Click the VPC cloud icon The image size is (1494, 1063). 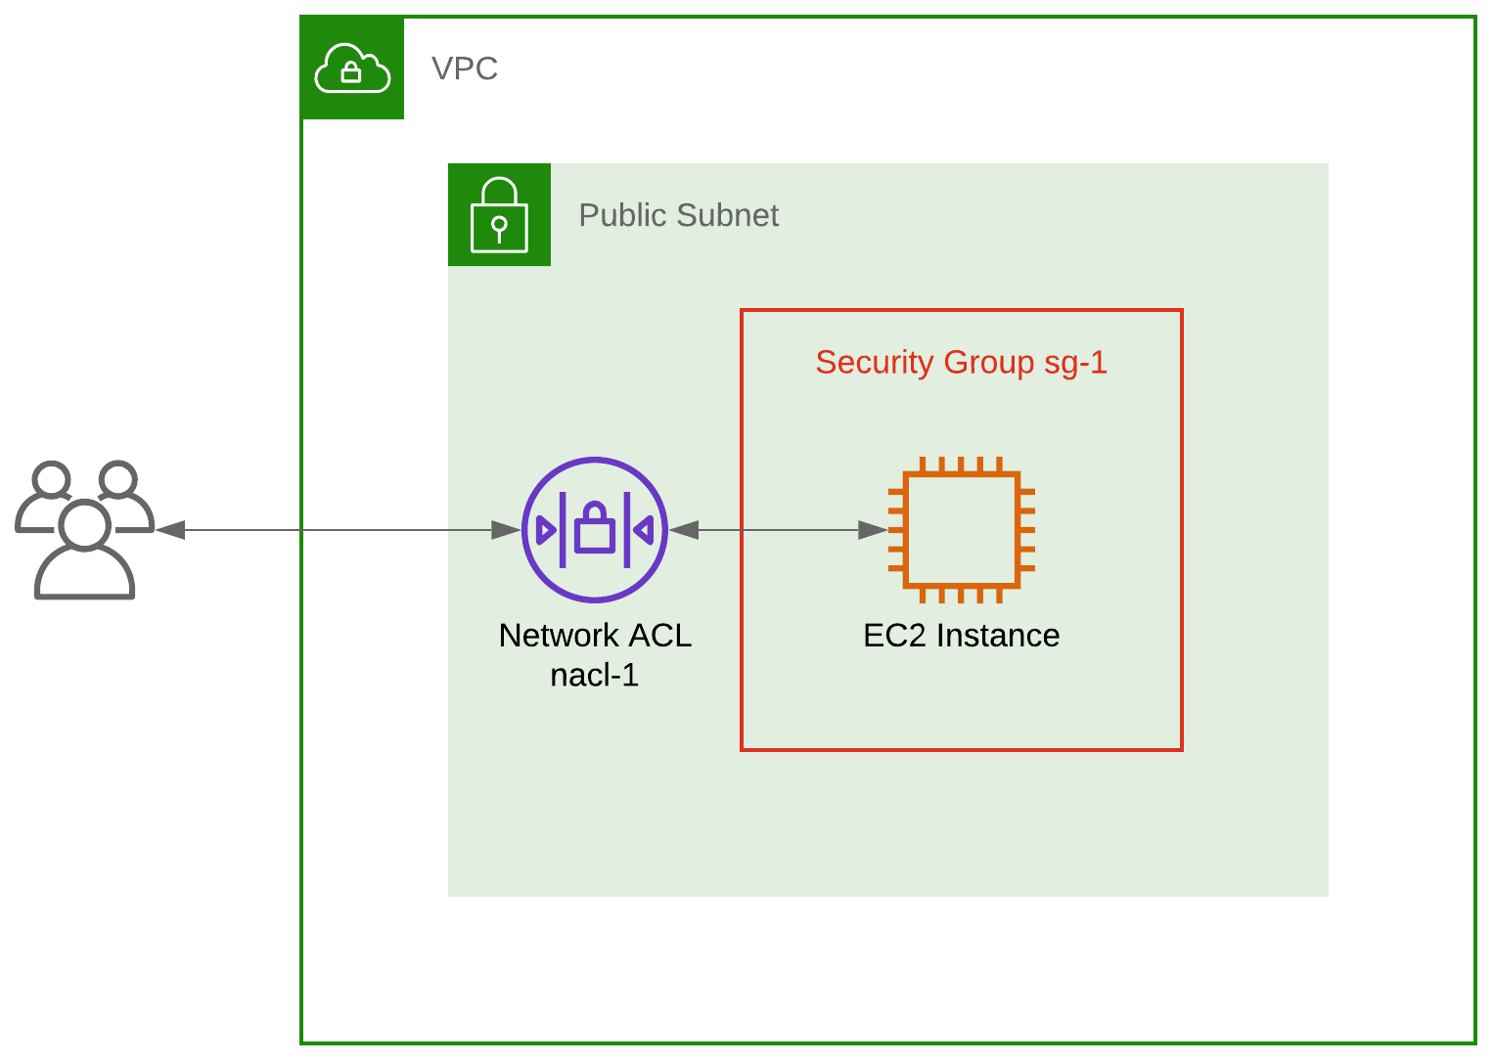point(352,68)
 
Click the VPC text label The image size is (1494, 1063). point(465,69)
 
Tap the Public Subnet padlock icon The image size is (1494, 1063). point(499,215)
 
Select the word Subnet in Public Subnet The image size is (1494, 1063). point(726,215)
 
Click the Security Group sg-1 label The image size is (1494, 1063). point(961,363)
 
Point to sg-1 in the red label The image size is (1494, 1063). point(1075,363)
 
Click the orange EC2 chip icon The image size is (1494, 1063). point(961,529)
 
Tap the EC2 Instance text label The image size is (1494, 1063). point(961,636)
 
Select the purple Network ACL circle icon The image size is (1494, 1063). point(595,529)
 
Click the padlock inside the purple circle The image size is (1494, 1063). point(594,528)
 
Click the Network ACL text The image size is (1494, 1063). point(595,636)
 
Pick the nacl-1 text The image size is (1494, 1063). point(595,676)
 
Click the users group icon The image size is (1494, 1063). point(84,529)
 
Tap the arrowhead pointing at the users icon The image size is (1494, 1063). point(170,530)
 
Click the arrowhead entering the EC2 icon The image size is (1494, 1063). point(873,530)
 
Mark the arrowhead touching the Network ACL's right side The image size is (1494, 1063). point(684,530)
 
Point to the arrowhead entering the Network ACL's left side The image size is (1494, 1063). point(506,530)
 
